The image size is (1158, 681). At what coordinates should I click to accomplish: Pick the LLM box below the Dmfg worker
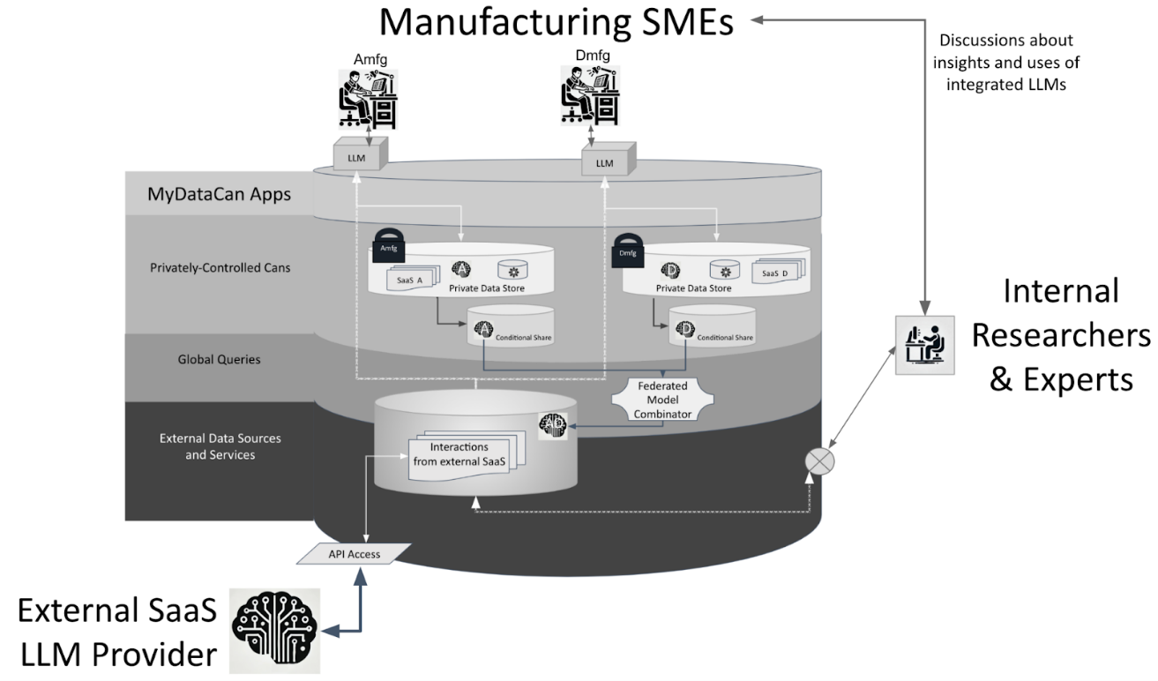pyautogui.click(x=604, y=163)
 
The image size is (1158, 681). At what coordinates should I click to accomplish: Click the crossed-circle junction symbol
pyautogui.click(x=821, y=461)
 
